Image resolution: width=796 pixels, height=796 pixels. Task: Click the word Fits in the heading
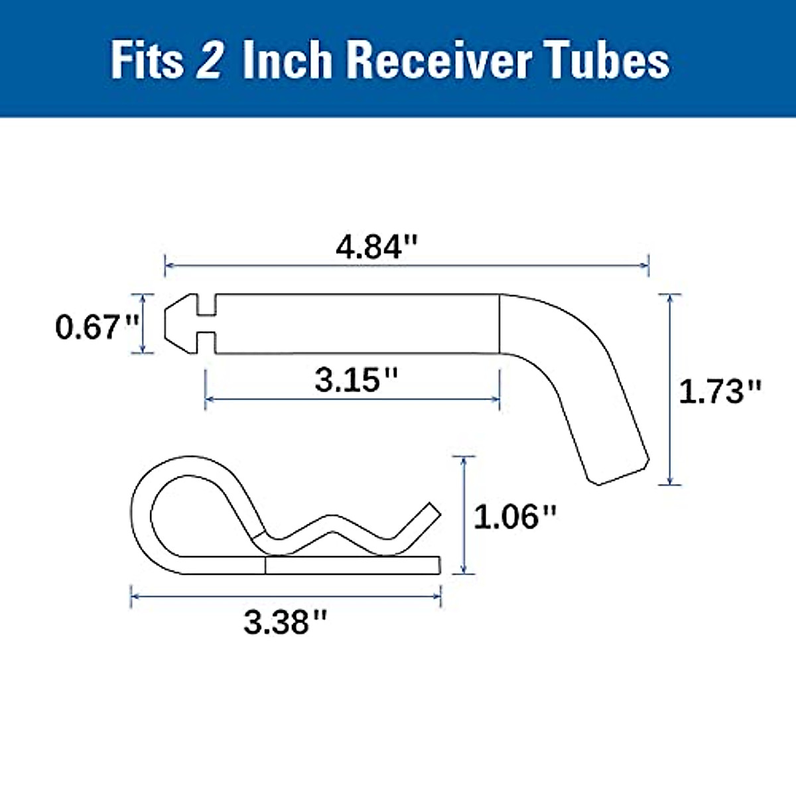(147, 61)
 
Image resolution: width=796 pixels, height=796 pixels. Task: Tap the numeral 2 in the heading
(210, 61)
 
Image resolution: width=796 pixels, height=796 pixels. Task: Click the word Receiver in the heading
(438, 61)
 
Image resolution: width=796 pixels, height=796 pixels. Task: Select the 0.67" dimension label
(97, 327)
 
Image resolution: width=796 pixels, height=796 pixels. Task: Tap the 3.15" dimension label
(356, 380)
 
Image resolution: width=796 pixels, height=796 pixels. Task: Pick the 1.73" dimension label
(720, 391)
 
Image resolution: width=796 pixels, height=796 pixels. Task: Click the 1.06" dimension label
(515, 516)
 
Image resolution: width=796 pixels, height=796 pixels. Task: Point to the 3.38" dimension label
(285, 622)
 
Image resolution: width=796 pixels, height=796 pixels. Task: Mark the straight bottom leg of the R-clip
(352, 564)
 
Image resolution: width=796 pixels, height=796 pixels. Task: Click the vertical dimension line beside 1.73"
(671, 389)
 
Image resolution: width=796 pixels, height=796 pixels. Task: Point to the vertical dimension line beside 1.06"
(463, 515)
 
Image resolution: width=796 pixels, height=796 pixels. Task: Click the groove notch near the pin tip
(206, 324)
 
